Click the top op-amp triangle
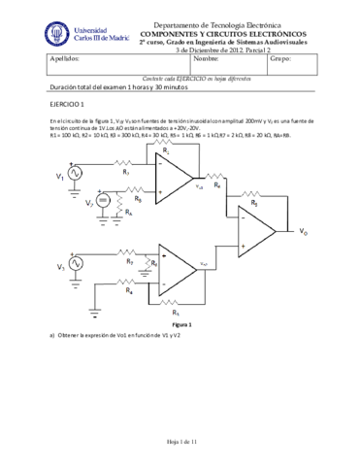click(172, 178)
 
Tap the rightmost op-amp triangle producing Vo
click(254, 233)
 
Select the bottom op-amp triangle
click(178, 269)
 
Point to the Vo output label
click(304, 233)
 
